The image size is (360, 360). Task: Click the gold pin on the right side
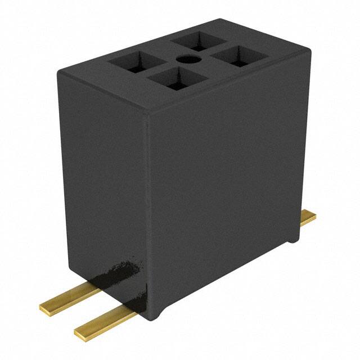(x=307, y=218)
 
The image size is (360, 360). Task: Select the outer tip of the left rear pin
(x=44, y=307)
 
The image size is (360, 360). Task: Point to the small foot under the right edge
(x=294, y=240)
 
